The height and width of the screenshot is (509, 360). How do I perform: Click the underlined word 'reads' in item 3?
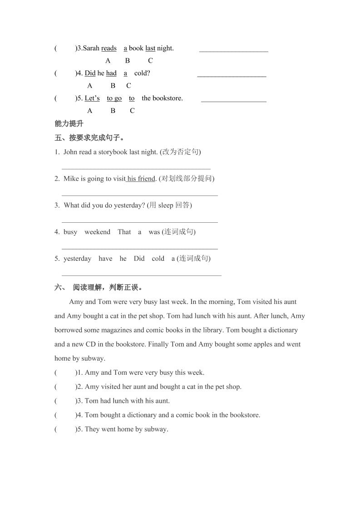[x=109, y=48]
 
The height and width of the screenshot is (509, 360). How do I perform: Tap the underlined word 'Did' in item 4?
[x=90, y=73]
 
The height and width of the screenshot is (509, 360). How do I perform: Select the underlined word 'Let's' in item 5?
[x=92, y=98]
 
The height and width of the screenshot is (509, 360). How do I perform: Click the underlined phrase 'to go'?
[x=114, y=98]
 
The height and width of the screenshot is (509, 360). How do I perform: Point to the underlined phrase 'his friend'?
[x=141, y=179]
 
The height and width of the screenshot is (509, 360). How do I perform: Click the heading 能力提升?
[x=69, y=123]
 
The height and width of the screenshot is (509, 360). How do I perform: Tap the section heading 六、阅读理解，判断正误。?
[x=99, y=287]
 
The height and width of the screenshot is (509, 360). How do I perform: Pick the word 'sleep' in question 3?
[x=166, y=206]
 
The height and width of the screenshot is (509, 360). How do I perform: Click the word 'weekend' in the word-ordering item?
[x=97, y=232]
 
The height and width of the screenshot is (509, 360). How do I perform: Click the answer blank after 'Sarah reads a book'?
[x=233, y=51]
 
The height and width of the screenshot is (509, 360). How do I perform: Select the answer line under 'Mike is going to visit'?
[x=139, y=196]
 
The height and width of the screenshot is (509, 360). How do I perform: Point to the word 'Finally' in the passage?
[x=159, y=344]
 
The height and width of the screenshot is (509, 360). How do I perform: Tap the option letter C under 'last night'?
[x=150, y=61]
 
